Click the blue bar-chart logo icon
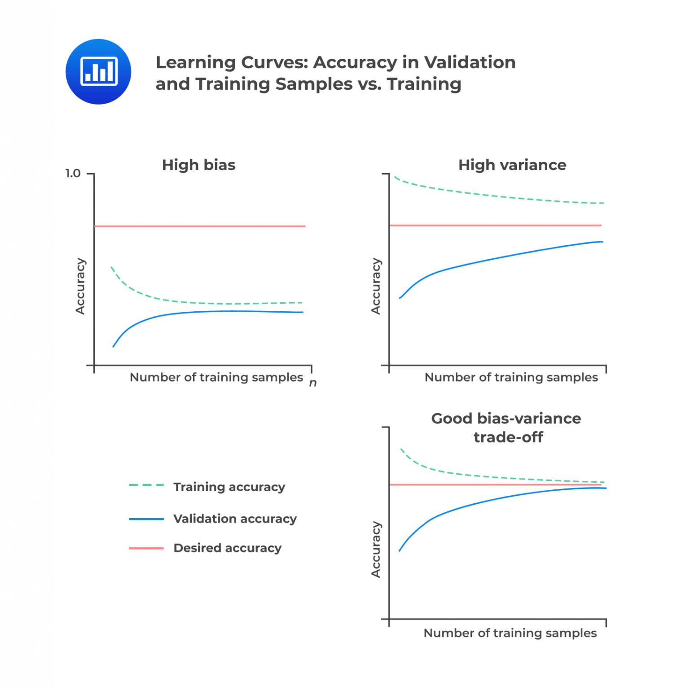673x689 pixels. [x=98, y=72]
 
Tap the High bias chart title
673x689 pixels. [x=198, y=165]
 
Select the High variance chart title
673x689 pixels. [x=512, y=165]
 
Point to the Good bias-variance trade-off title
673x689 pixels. [x=506, y=427]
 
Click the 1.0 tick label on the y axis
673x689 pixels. [x=73, y=174]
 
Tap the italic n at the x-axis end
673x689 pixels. [x=313, y=383]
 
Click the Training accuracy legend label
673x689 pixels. [x=229, y=487]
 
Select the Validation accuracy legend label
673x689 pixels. [x=235, y=519]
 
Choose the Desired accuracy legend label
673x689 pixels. [x=227, y=548]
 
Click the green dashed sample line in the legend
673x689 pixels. [x=146, y=485]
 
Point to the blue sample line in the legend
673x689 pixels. [x=146, y=519]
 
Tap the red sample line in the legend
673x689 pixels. [x=146, y=548]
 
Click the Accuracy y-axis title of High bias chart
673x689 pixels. [x=80, y=286]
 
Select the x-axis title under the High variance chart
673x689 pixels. [x=511, y=377]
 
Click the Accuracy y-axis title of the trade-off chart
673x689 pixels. [x=376, y=549]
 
